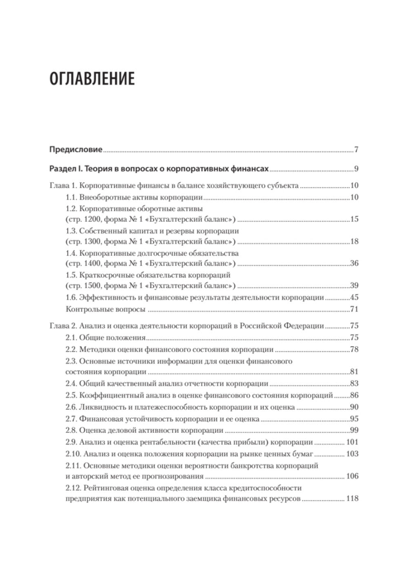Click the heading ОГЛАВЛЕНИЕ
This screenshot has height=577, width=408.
(91, 79)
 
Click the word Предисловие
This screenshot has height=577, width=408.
(75, 149)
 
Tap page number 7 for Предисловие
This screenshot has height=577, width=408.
(356, 149)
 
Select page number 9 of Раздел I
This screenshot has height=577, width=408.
(356, 169)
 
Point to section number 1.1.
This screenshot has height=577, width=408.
(71, 198)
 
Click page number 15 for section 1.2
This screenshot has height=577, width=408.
(354, 219)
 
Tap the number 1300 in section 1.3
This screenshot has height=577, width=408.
(83, 241)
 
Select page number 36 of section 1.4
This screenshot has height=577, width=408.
(354, 263)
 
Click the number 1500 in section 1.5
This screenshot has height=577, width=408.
(83, 285)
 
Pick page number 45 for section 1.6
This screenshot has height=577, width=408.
(354, 298)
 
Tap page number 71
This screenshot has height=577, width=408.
(354, 309)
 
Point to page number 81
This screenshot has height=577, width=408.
(354, 372)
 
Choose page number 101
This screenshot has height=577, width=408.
(352, 442)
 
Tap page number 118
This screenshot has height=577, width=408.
(352, 499)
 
